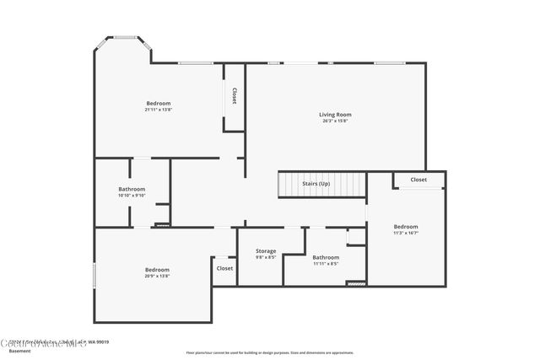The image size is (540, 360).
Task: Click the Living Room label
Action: [x=335, y=115]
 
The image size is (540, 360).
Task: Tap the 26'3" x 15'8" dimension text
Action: [x=335, y=121]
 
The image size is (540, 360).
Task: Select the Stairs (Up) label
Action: [x=316, y=183]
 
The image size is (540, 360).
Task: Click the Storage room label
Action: [x=266, y=251]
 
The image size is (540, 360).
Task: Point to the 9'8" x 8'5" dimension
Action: [x=266, y=258]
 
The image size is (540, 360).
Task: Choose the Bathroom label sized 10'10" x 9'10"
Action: [x=132, y=189]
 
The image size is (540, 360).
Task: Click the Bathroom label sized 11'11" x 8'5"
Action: [x=326, y=257]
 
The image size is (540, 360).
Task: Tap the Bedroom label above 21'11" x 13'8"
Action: [x=159, y=103]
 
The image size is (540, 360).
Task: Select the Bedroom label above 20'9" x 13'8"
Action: [x=157, y=270]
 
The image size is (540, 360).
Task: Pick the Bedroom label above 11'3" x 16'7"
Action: [x=406, y=226]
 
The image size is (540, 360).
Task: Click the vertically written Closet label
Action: [x=234, y=96]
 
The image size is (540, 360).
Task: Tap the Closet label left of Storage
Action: [x=224, y=268]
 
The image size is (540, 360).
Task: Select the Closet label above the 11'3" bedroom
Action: [x=418, y=180]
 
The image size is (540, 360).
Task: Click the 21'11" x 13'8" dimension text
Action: [x=159, y=110]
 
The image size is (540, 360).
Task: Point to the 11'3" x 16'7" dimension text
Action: [x=406, y=233]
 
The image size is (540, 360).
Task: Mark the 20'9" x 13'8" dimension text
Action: [x=157, y=277]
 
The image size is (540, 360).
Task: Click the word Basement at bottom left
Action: [x=19, y=351]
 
